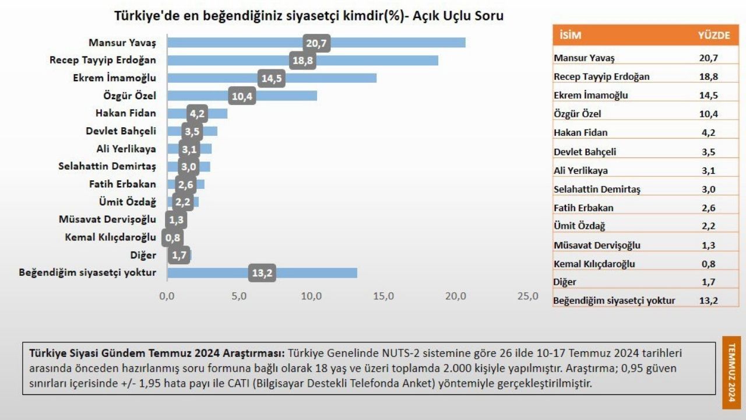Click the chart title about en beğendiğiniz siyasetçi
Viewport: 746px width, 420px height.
[x=309, y=16]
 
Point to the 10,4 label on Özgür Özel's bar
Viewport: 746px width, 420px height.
[x=242, y=96]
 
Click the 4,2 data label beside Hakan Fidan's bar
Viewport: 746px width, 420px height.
[x=197, y=114]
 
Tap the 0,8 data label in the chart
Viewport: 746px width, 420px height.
[x=173, y=238]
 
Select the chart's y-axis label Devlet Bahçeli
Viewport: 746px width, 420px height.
[x=121, y=131]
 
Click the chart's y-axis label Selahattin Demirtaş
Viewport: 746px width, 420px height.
[x=107, y=166]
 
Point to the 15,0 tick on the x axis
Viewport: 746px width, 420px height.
[x=383, y=296]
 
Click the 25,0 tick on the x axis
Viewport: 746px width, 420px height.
[x=528, y=296]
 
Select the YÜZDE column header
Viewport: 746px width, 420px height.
[x=713, y=36]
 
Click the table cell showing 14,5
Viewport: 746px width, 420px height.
[x=709, y=95]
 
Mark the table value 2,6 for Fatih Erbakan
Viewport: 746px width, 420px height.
[x=709, y=208]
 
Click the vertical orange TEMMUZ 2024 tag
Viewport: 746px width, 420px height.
[x=731, y=372]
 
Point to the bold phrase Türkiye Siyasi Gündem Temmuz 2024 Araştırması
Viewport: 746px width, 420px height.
[x=157, y=353]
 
